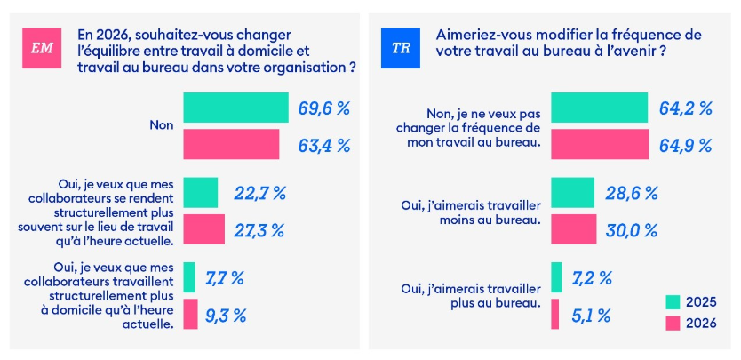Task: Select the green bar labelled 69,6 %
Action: click(235, 108)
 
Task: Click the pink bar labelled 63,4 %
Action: click(231, 144)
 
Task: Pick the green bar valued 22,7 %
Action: click(201, 192)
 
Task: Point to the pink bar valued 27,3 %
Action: click(204, 229)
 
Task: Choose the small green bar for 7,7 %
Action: click(189, 277)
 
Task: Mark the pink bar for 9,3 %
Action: click(190, 314)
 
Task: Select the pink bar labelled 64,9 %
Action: click(600, 144)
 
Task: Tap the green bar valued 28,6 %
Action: click(572, 192)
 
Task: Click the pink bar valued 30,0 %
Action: click(574, 229)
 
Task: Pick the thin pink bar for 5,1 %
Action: click(555, 314)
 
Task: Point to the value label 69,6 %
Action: click(324, 108)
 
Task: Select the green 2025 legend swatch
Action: click(673, 302)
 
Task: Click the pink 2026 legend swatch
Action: click(673, 323)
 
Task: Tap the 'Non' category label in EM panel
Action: click(161, 125)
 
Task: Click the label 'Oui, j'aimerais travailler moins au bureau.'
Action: click(472, 212)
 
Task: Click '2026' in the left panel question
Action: click(93, 33)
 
